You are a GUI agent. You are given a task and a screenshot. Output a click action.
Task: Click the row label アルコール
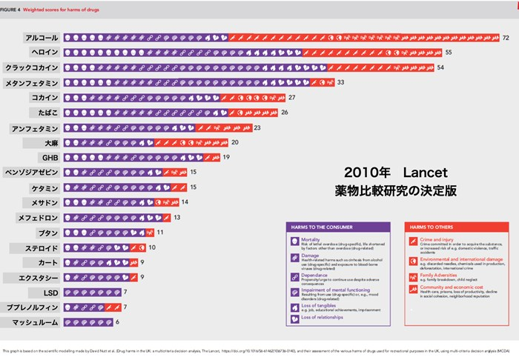coord(42,37)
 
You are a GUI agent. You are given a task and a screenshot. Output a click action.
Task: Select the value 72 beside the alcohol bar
coord(505,37)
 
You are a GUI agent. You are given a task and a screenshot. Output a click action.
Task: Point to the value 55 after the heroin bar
coord(449,52)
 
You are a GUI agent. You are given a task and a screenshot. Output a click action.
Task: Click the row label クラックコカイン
coord(33,67)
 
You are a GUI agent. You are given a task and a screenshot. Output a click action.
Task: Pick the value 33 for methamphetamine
coord(341,82)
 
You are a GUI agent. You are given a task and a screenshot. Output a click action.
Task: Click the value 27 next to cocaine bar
coord(292,97)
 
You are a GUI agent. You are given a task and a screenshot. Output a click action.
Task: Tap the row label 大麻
coord(51,142)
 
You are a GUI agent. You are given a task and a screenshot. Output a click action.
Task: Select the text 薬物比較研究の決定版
coord(396,191)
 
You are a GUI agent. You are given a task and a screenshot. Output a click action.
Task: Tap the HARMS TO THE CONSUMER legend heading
coord(323,226)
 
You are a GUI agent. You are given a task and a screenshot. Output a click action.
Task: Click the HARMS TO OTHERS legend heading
coord(434,226)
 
